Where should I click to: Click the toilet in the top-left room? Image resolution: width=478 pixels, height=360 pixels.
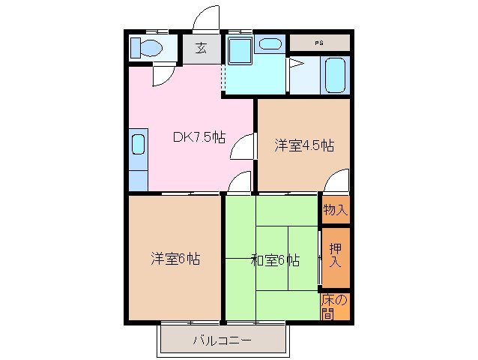pyautogui.click(x=147, y=47)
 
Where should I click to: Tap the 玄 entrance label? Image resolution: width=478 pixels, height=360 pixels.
pyautogui.click(x=202, y=49)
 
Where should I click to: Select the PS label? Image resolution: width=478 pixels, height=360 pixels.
pyautogui.click(x=319, y=43)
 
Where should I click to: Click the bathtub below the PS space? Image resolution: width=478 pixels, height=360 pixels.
pyautogui.click(x=334, y=75)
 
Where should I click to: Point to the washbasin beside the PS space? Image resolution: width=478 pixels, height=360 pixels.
pyautogui.click(x=267, y=43)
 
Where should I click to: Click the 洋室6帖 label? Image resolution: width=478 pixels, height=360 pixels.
pyautogui.click(x=175, y=259)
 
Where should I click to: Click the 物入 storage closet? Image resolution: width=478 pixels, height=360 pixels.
pyautogui.click(x=335, y=209)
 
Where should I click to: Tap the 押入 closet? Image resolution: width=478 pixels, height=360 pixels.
pyautogui.click(x=335, y=257)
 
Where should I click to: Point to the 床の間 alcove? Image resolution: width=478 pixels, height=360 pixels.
pyautogui.click(x=335, y=305)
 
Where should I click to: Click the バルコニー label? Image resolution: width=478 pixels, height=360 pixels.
pyautogui.click(x=222, y=340)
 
